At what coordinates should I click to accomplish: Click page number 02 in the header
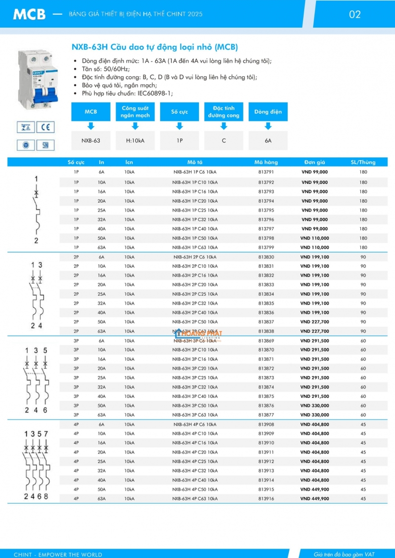[355, 14]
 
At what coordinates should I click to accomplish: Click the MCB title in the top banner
[29, 15]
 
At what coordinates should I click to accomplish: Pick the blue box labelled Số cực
[180, 112]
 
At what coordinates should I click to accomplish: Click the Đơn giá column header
[315, 162]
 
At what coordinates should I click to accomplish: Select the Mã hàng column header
[266, 162]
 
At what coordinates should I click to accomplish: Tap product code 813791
[266, 172]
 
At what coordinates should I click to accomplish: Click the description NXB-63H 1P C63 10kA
[195, 247]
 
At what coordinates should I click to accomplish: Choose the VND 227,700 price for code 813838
[315, 331]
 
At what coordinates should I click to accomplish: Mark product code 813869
[266, 341]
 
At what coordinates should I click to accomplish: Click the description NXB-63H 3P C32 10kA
[195, 387]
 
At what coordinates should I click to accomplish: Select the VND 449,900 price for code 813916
[315, 499]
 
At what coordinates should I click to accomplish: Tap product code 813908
[266, 424]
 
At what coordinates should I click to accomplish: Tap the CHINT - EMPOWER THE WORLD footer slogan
[58, 554]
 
